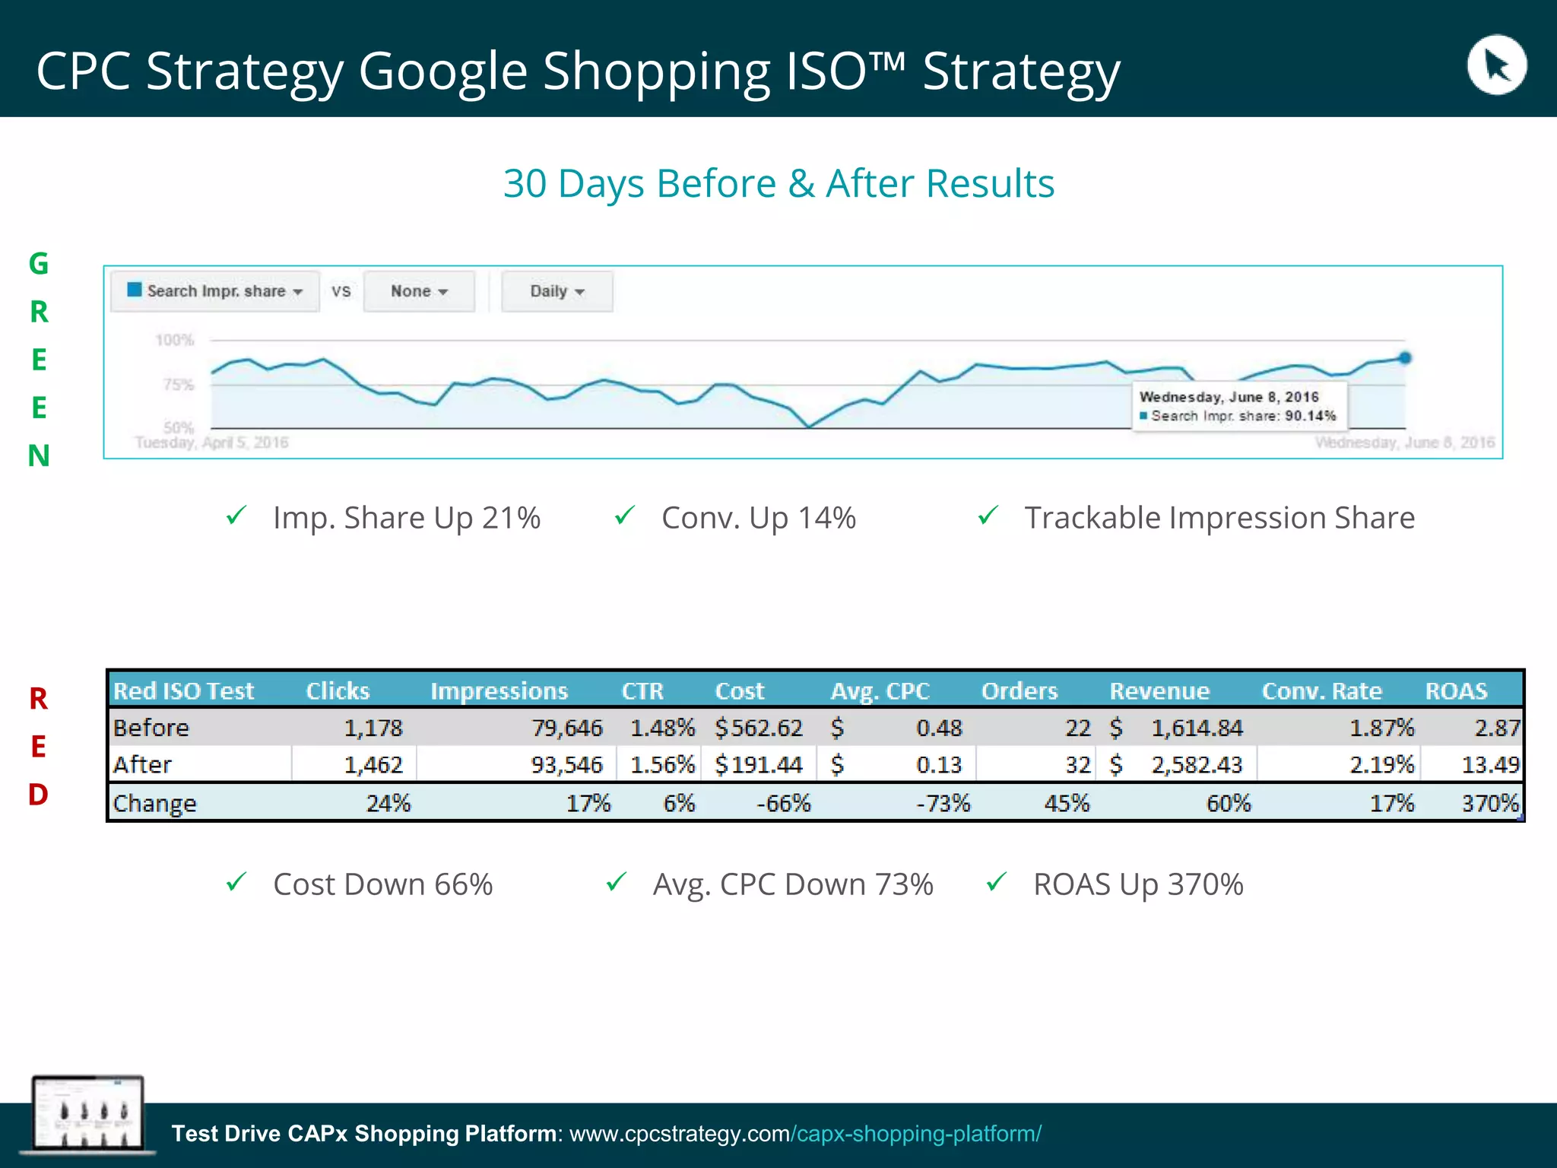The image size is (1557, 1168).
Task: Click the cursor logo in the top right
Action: point(1496,65)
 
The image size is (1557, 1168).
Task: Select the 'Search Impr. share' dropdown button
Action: point(215,291)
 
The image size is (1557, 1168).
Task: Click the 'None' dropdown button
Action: point(419,291)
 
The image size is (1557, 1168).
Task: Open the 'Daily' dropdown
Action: point(557,291)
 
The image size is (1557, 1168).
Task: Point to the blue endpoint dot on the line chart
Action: point(1405,358)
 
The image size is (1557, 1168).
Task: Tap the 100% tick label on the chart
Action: point(175,340)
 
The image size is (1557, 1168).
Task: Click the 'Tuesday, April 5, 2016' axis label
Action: point(212,443)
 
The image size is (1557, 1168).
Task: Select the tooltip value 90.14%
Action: point(1310,416)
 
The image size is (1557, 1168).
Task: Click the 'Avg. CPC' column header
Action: point(880,690)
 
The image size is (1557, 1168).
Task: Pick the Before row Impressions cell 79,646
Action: point(566,728)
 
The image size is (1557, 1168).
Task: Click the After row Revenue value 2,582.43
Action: point(1196,764)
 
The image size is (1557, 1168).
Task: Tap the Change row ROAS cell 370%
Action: point(1489,803)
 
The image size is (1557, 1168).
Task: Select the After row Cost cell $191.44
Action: point(759,764)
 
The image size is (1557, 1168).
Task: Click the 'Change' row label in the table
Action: point(155,803)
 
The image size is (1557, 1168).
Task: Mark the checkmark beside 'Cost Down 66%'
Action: point(236,882)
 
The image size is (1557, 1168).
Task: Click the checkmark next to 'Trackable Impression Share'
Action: point(988,516)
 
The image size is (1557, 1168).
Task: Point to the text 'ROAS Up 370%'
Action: point(1138,884)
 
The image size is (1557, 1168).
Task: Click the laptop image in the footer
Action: point(87,1114)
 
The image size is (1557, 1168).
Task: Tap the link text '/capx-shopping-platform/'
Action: point(916,1134)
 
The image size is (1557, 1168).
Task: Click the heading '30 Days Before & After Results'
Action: point(778,183)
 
